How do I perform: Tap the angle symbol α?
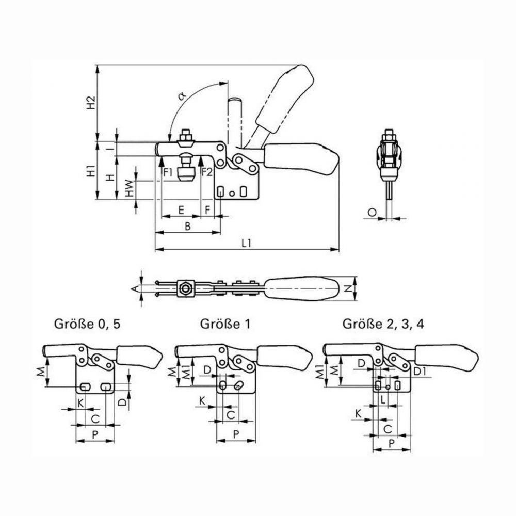pyautogui.click(x=182, y=96)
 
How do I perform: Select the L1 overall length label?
pyautogui.click(x=247, y=243)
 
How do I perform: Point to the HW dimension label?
pyautogui.click(x=131, y=188)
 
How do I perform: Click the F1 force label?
pyautogui.click(x=168, y=172)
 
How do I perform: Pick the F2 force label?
pyautogui.click(x=207, y=172)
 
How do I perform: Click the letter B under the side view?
pyautogui.click(x=188, y=227)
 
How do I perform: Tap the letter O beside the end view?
pyautogui.click(x=372, y=213)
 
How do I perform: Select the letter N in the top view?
pyautogui.click(x=347, y=288)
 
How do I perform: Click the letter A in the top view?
pyautogui.click(x=134, y=289)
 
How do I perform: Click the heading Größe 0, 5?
pyautogui.click(x=87, y=325)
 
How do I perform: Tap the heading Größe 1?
pyautogui.click(x=225, y=325)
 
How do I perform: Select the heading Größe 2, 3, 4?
pyautogui.click(x=383, y=325)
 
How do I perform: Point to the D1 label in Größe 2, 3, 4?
pyautogui.click(x=420, y=372)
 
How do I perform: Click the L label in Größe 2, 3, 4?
pyautogui.click(x=383, y=400)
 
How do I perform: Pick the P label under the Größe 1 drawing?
pyautogui.click(x=236, y=434)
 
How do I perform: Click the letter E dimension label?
pyautogui.click(x=181, y=210)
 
